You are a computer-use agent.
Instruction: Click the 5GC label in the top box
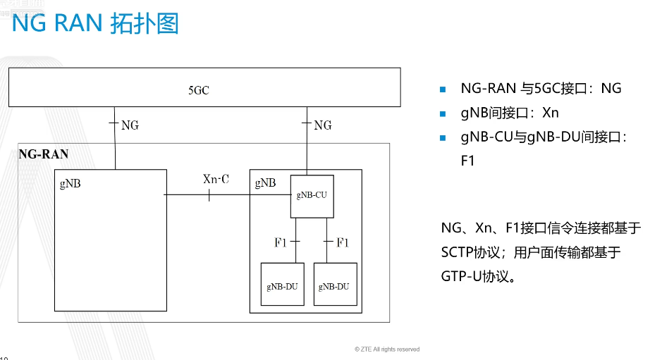199,90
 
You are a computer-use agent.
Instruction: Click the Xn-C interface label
216,179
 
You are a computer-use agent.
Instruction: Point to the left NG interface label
130,125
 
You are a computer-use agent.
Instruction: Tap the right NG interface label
322,125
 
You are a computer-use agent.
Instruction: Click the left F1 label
280,242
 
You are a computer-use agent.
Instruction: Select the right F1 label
343,242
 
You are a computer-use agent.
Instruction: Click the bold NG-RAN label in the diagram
44,154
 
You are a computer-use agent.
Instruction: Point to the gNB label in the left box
70,183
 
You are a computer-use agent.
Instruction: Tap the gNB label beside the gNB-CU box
265,182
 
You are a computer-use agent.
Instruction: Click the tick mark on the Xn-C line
209,195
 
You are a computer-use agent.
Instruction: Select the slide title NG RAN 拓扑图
95,23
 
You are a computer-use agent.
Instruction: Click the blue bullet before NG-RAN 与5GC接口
443,89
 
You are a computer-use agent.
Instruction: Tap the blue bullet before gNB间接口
443,113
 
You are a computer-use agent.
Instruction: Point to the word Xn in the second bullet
551,113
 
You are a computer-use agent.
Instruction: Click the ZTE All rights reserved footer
387,349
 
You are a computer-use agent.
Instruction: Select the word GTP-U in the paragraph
461,276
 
